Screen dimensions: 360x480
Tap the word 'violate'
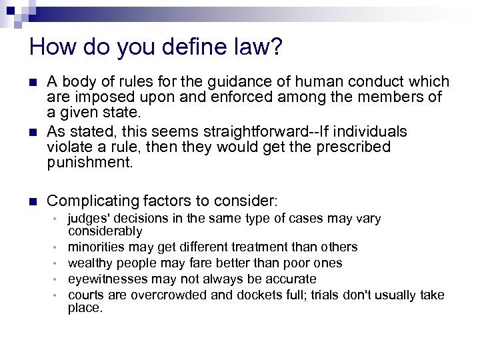coord(71,146)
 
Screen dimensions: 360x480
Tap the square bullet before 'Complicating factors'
coord(34,200)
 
